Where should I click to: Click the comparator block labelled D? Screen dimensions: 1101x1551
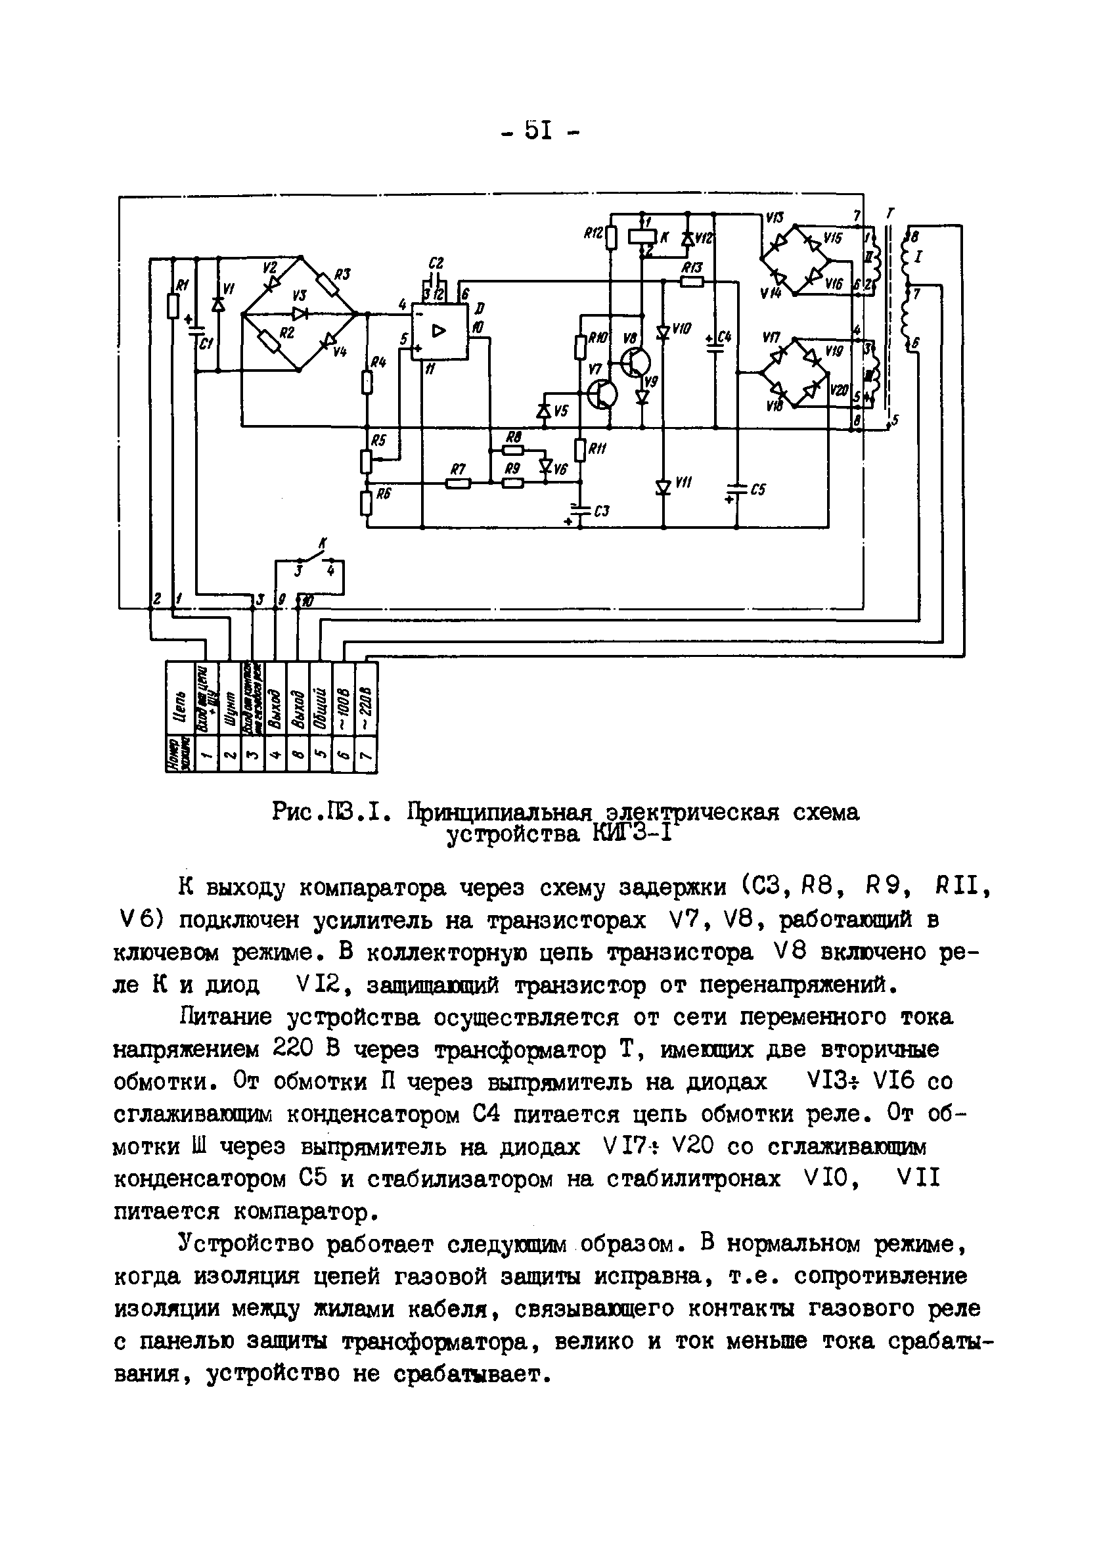click(x=440, y=331)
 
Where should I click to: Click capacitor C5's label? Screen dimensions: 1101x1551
click(x=758, y=489)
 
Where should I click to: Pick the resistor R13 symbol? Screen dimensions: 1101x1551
click(x=692, y=281)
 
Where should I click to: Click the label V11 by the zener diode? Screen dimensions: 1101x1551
click(x=683, y=482)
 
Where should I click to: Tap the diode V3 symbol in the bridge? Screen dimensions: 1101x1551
click(x=299, y=313)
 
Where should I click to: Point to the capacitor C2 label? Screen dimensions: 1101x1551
click(x=436, y=263)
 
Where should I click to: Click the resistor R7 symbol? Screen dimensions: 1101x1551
click(x=459, y=483)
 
